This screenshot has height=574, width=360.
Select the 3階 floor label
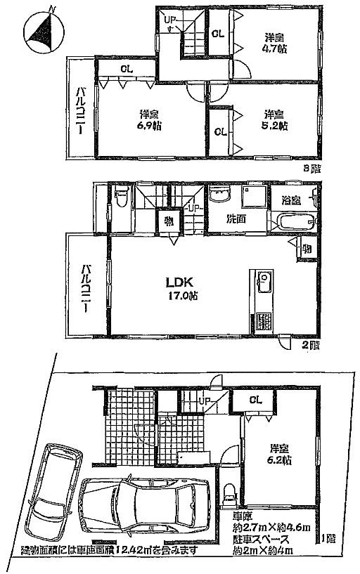click(x=310, y=169)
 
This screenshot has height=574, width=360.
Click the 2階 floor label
click(x=310, y=346)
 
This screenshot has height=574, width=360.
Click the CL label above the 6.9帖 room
click(x=127, y=69)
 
